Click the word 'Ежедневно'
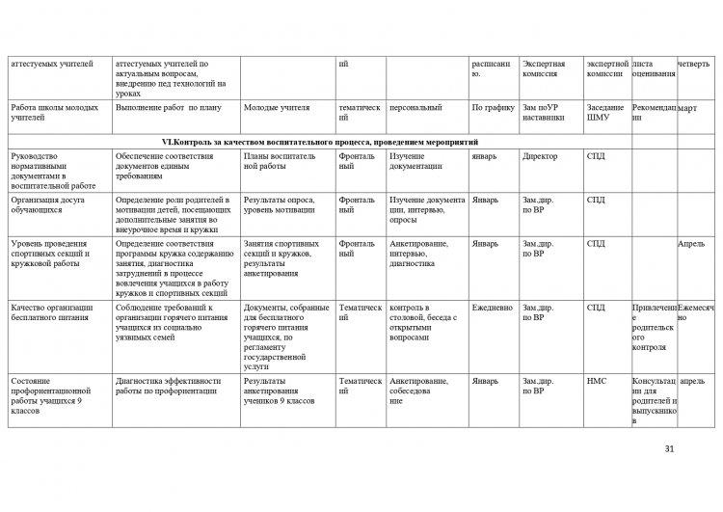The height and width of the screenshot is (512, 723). click(492, 308)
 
